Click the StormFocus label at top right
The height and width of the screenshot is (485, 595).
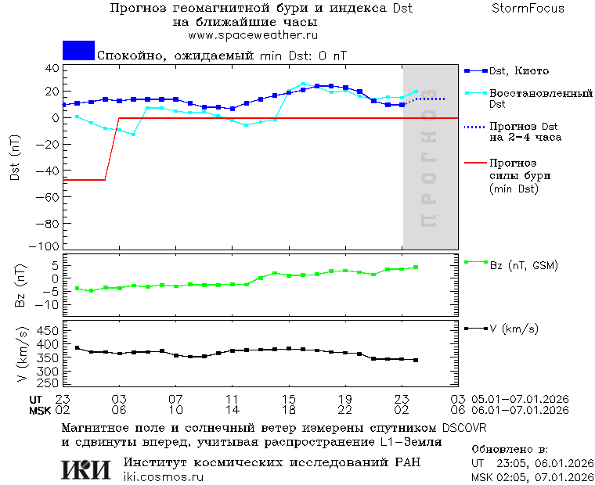[x=528, y=9]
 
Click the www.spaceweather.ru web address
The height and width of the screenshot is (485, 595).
[x=253, y=35]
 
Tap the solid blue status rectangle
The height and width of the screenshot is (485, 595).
[x=78, y=51]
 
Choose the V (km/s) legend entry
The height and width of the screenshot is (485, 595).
[x=514, y=329]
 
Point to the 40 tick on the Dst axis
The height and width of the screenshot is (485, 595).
[x=52, y=68]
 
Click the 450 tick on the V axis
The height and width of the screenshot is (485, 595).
[x=49, y=331]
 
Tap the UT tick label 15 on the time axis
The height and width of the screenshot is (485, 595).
[x=289, y=399]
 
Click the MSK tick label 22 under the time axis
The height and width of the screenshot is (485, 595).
[x=345, y=410]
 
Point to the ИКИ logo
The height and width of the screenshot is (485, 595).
[x=85, y=469]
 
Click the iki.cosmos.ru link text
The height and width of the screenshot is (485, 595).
[x=163, y=477]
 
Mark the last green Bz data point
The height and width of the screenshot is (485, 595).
[x=416, y=268]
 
